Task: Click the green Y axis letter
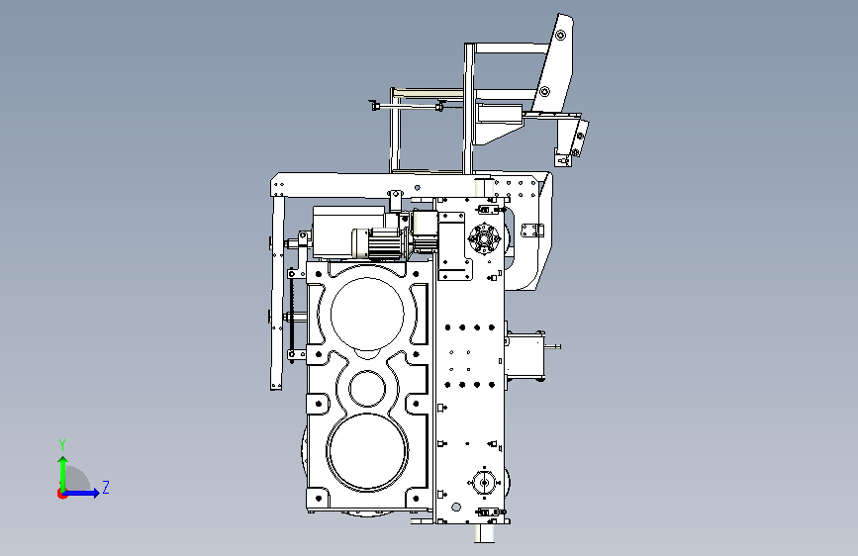tap(62, 445)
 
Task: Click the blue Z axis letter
tap(106, 487)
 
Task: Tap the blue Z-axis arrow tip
tap(99, 493)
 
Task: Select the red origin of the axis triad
tap(61, 494)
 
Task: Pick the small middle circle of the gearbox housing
tap(367, 388)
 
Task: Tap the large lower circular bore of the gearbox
tap(367, 451)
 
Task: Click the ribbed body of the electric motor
tap(387, 244)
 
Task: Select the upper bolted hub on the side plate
tap(484, 238)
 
